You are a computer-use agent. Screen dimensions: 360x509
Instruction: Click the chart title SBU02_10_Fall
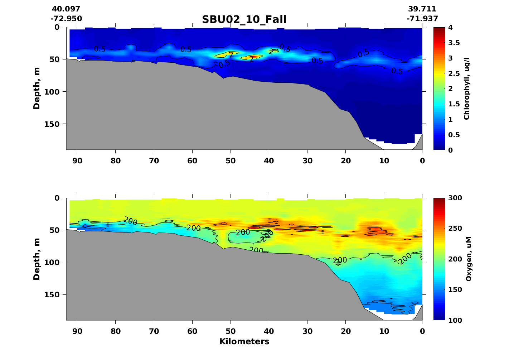244,19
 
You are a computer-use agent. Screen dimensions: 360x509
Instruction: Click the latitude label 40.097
66,9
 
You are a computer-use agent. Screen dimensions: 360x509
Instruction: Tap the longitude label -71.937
422,19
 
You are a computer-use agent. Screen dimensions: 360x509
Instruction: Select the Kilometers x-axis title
244,341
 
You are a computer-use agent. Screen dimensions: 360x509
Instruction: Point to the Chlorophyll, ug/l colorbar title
466,88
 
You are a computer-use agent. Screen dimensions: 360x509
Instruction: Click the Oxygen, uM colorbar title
468,259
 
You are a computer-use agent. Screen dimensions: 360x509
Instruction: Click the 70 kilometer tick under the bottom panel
154,331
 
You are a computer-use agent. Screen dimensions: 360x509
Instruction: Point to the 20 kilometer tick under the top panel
346,161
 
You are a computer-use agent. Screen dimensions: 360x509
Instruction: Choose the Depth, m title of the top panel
37,88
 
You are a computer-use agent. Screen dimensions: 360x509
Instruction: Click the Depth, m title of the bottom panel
37,259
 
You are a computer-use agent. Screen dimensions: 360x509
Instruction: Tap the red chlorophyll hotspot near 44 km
253,57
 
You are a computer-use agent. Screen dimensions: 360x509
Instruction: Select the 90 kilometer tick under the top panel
77,161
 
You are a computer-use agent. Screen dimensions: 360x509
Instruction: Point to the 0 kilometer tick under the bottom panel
422,331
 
